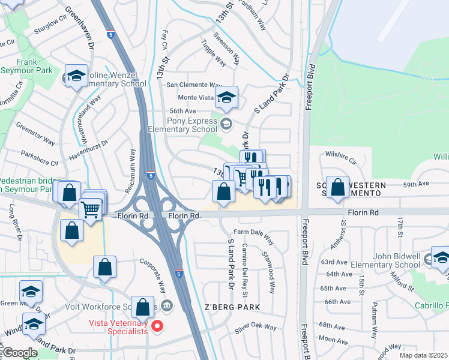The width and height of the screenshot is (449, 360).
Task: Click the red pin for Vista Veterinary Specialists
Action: tap(157, 326)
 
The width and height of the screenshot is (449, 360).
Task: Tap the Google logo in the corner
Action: tap(20, 353)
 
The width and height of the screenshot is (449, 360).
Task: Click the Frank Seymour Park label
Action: tap(26, 67)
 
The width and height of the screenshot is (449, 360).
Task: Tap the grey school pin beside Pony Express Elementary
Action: tap(226, 124)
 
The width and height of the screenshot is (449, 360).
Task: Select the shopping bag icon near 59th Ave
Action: tap(339, 186)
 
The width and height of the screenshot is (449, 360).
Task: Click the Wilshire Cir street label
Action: tap(340, 162)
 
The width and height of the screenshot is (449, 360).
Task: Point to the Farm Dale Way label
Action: tap(253, 236)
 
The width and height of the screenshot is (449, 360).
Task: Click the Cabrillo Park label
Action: tap(431, 305)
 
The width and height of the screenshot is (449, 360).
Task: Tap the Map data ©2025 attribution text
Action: tap(423, 355)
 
